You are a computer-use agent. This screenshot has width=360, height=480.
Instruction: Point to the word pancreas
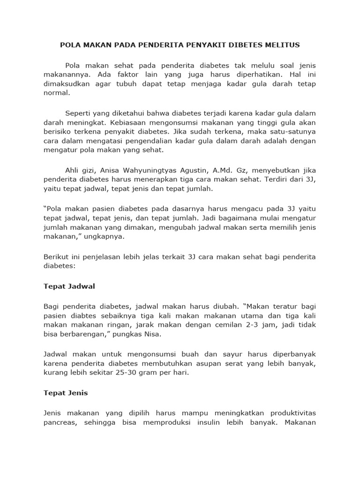pos(60,422)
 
